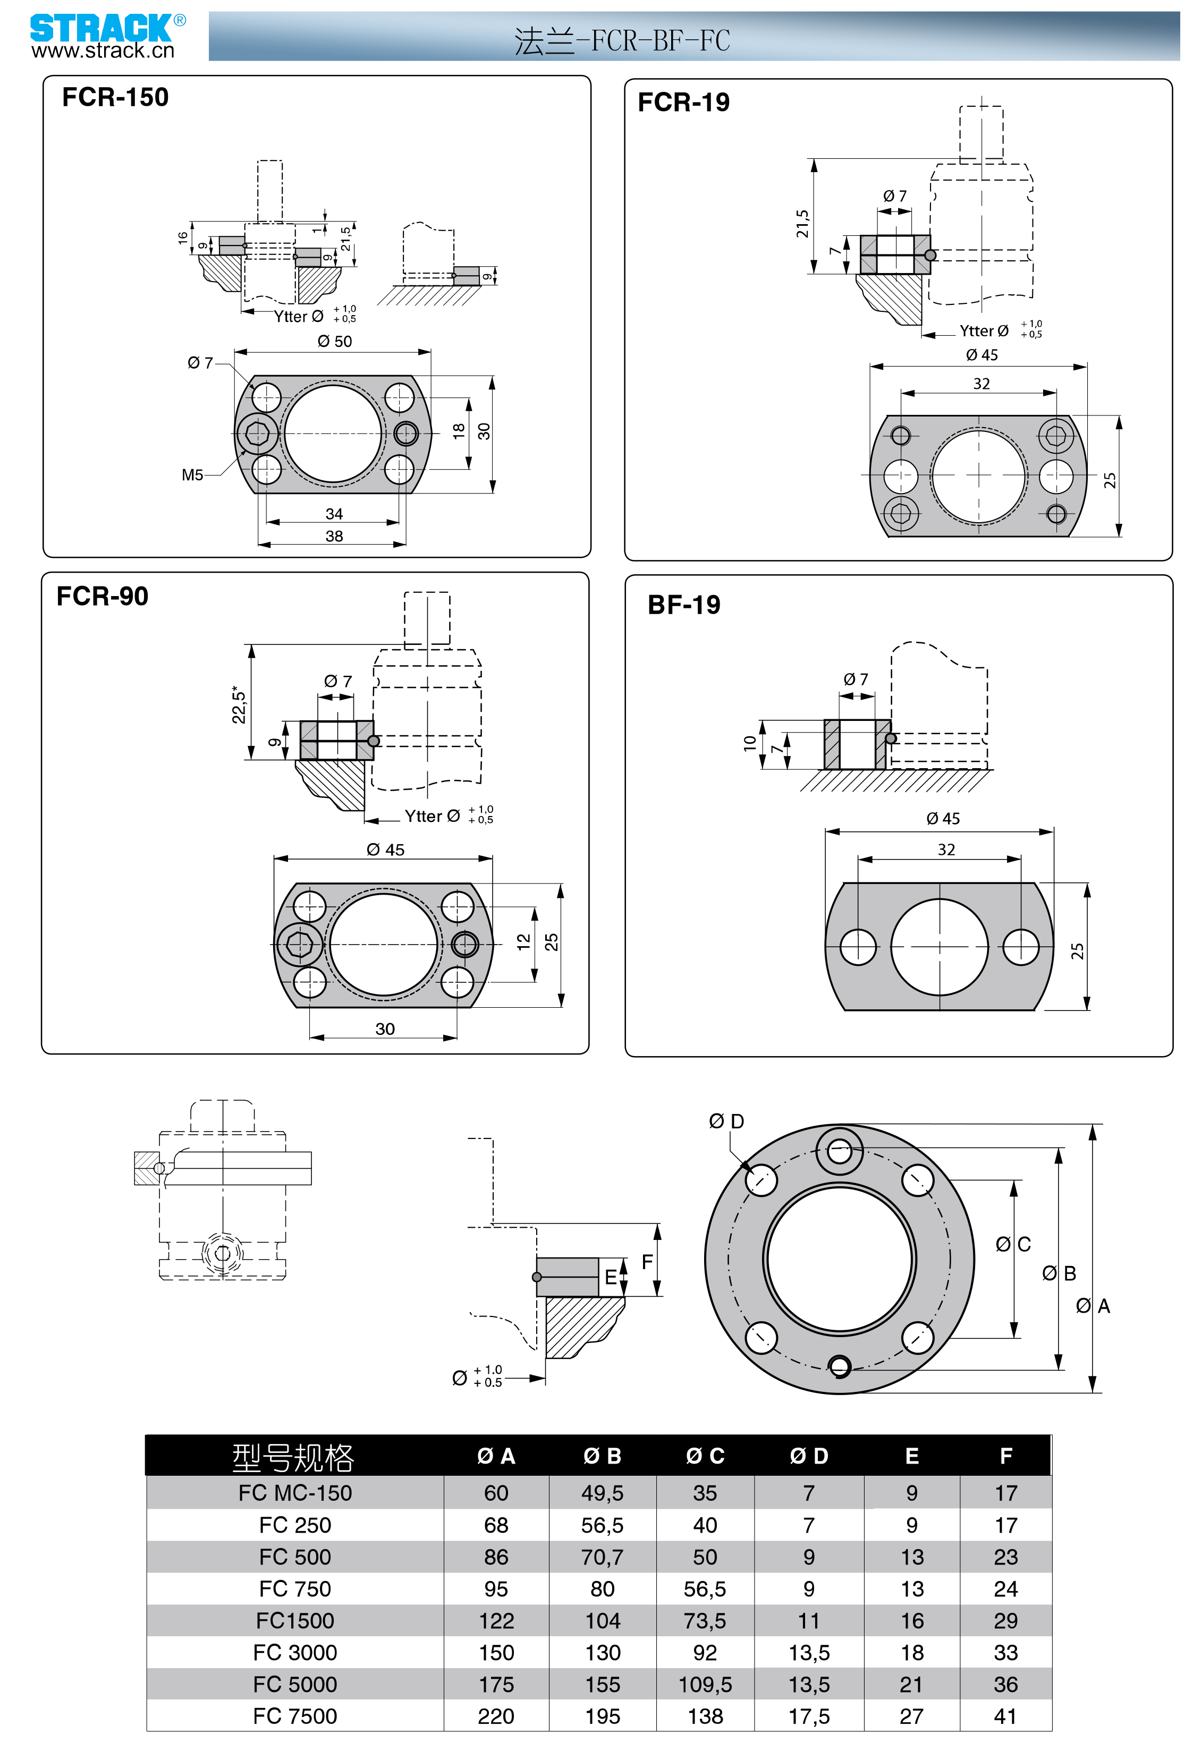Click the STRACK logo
point(100,29)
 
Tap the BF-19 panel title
point(683,605)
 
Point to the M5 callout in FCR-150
point(192,475)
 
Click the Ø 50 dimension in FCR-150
point(335,342)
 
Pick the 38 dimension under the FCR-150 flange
point(334,536)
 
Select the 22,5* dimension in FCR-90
point(239,704)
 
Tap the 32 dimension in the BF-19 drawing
point(946,849)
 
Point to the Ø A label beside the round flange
point(1093,1306)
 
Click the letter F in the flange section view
point(647,1262)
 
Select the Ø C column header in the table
point(705,1456)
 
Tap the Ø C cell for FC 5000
point(705,1684)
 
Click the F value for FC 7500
point(1005,1716)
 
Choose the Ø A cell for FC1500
point(496,1620)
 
